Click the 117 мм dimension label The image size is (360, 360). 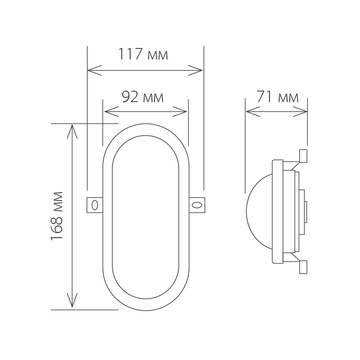143,54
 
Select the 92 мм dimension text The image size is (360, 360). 143,97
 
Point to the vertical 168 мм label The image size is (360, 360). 56,215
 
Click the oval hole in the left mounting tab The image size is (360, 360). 95,205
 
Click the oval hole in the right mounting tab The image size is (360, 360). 197,205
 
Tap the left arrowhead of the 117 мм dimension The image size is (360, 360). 90,71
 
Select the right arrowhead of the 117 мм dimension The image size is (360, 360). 200,71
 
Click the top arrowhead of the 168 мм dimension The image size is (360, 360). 72,128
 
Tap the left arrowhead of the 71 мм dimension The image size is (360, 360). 249,112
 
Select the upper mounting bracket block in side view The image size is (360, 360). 303,156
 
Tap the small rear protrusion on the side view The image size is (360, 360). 305,212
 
